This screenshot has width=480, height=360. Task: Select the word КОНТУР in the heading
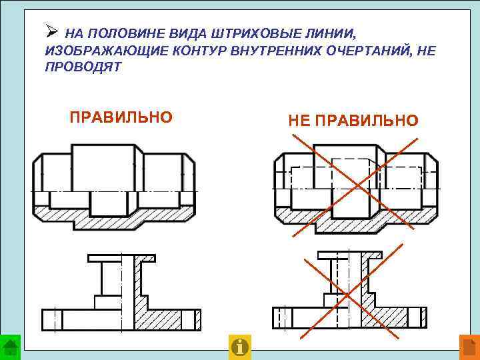coord(183,51)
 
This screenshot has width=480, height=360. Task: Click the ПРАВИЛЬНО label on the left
coord(121,117)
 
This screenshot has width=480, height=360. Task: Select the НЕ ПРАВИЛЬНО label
coord(353,120)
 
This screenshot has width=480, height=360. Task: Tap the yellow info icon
coord(239,347)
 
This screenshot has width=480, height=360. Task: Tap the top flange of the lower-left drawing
coord(121,257)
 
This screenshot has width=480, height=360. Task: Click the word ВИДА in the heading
coord(165,33)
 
